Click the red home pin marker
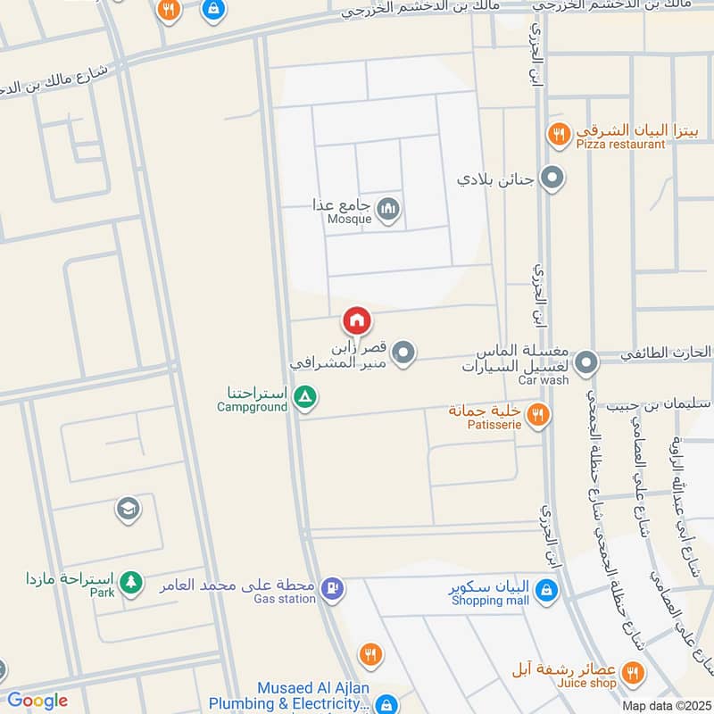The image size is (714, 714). pyautogui.click(x=357, y=320)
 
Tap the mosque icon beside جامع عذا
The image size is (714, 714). pyautogui.click(x=388, y=211)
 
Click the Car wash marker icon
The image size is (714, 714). pyautogui.click(x=586, y=363)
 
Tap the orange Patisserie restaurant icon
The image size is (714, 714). pyautogui.click(x=536, y=414)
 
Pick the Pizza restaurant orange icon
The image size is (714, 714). pyautogui.click(x=558, y=135)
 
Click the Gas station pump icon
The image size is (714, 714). pyautogui.click(x=332, y=588)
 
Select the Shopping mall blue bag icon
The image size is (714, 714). pyautogui.click(x=547, y=590)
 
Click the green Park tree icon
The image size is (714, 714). pyautogui.click(x=131, y=582)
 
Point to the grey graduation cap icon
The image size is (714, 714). pyautogui.click(x=128, y=510)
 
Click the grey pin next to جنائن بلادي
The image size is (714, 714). pyautogui.click(x=552, y=179)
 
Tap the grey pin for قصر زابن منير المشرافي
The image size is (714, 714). pyautogui.click(x=404, y=353)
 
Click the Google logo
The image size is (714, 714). pyautogui.click(x=37, y=701)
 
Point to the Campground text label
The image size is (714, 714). pyautogui.click(x=253, y=407)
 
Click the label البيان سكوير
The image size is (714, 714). pyautogui.click(x=491, y=587)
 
